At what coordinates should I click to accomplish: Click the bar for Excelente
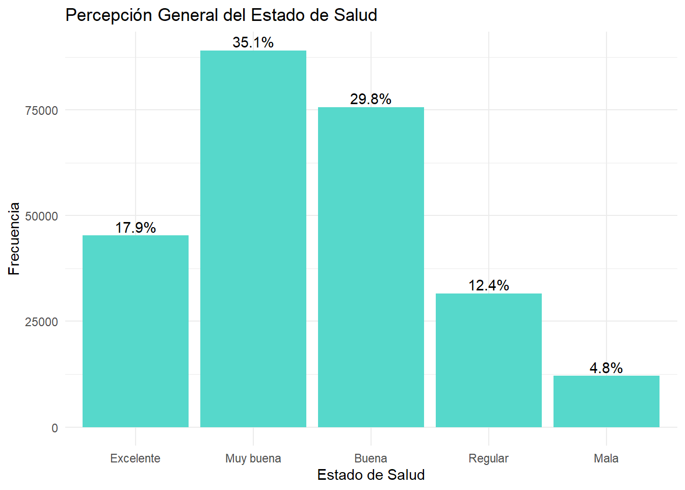point(136,331)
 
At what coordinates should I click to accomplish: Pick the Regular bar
point(489,360)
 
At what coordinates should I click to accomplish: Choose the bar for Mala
point(607,402)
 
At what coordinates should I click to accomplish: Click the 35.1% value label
point(253,42)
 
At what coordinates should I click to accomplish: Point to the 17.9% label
point(136,228)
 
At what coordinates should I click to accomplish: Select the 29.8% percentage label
point(371,99)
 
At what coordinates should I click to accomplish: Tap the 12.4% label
point(489,285)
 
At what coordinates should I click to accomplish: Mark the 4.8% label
point(607,368)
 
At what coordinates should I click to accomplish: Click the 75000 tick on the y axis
point(42,111)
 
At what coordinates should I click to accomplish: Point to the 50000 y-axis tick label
point(42,216)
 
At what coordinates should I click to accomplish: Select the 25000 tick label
point(42,322)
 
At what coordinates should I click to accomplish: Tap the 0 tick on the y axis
point(55,428)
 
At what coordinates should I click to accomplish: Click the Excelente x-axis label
point(136,458)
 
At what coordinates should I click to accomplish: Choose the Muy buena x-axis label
point(253,458)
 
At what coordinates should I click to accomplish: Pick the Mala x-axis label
point(607,458)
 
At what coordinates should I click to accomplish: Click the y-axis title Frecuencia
point(14,239)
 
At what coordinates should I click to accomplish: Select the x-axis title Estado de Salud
point(371,475)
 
